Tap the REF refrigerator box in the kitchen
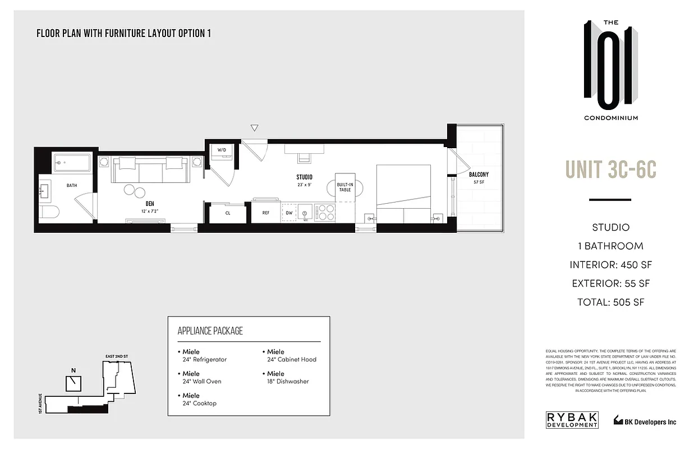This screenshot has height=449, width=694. click(266, 213)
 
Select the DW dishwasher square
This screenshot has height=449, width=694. click(288, 213)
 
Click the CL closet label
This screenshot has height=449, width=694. click(228, 213)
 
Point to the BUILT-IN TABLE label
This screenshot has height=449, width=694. click(344, 187)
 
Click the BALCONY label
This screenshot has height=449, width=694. click(479, 175)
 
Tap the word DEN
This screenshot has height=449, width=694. click(149, 204)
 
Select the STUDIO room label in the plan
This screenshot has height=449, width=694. click(305, 177)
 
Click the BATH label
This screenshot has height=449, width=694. click(72, 185)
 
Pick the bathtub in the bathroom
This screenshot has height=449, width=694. click(72, 163)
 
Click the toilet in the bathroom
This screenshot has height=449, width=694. click(50, 213)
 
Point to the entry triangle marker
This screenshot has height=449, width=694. click(254, 128)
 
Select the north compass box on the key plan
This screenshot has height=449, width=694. click(73, 383)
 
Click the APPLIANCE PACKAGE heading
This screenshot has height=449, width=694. click(210, 331)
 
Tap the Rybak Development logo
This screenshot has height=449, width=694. click(572, 420)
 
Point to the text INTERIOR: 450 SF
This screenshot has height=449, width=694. click(610, 265)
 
